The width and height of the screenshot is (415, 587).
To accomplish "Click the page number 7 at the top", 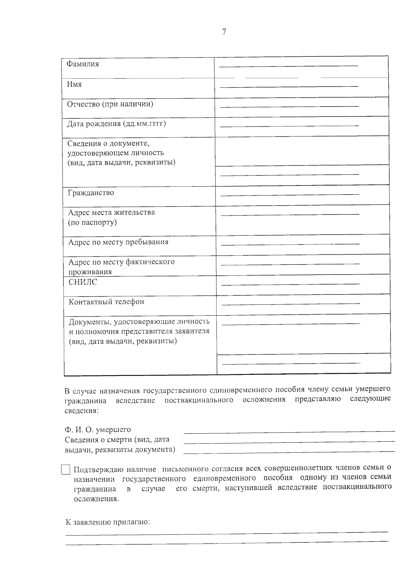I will [x=224, y=32].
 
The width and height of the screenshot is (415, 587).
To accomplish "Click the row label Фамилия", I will [x=83, y=64].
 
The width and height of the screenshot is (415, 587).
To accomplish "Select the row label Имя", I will [x=74, y=84].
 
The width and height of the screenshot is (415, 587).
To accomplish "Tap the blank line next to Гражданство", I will [x=290, y=195].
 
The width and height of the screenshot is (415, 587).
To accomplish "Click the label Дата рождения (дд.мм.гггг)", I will [x=117, y=124].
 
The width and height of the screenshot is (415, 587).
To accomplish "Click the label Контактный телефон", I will [x=106, y=302].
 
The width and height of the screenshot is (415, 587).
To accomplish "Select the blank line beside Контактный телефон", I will [x=290, y=304].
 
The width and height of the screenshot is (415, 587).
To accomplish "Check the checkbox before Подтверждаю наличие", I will [x=66, y=470].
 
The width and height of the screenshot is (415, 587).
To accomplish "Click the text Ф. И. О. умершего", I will [x=98, y=430].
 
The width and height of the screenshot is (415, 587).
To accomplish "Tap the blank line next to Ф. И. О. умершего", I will [x=289, y=431].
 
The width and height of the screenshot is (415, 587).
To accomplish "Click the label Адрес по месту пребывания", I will [x=118, y=242].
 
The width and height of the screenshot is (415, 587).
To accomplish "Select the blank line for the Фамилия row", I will [x=289, y=65].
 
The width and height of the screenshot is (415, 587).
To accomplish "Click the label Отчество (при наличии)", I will [x=110, y=104].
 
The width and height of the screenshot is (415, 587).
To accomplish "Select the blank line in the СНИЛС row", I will [x=290, y=284].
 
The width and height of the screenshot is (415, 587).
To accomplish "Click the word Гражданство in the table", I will [x=91, y=193].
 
